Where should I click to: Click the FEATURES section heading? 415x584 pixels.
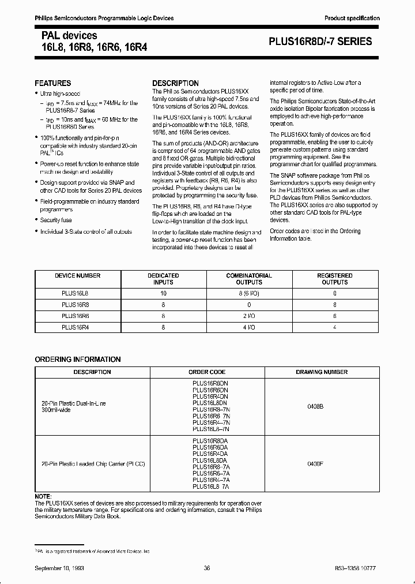53,83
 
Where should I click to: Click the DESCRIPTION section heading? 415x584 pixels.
175,83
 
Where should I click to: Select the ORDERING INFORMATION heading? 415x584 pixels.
78,360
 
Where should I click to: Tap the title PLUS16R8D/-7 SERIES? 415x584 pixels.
320,42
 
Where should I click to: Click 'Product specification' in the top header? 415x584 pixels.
352,18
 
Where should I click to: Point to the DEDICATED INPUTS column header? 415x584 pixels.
163,279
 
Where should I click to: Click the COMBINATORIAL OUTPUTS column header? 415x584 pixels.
248,279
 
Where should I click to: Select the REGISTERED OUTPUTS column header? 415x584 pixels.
335,279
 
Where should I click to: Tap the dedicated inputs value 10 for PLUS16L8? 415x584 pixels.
163,293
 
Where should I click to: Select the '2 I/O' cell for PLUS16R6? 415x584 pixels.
248,315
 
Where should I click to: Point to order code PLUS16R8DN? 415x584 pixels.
210,383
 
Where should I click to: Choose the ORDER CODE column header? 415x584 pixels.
207,372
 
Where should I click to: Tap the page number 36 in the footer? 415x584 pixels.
207,568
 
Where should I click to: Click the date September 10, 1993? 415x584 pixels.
59,568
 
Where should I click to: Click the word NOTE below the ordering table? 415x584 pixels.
43,497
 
